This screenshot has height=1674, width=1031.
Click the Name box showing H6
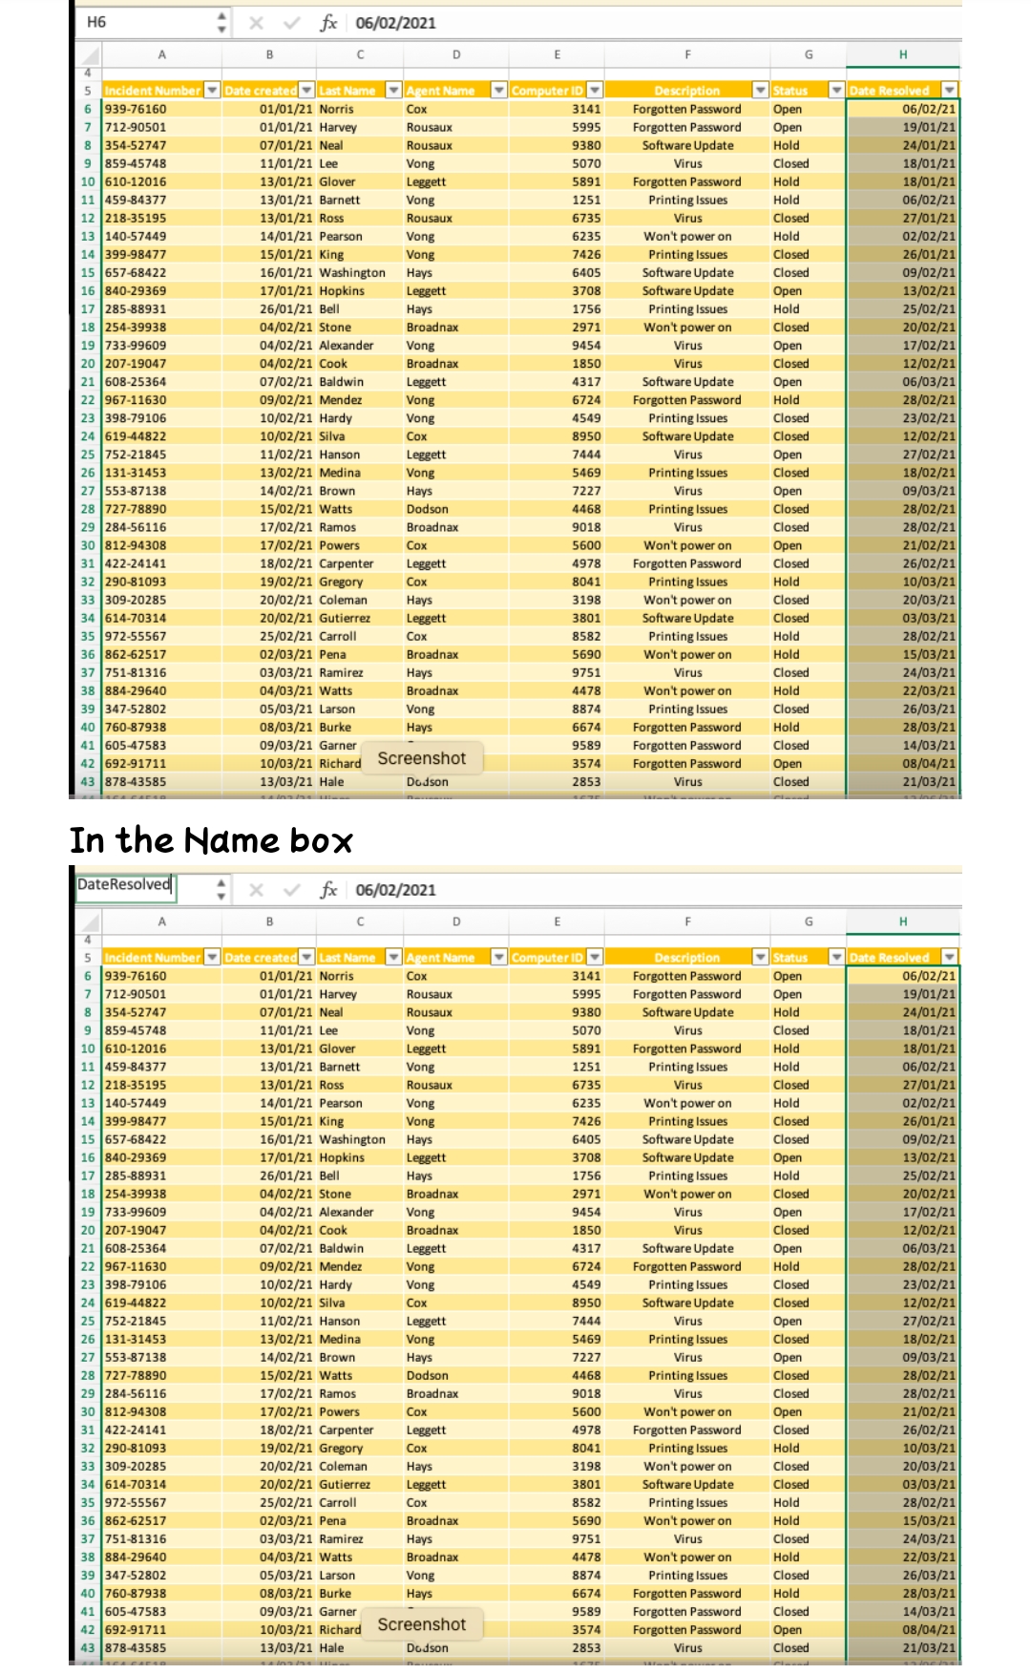[143, 22]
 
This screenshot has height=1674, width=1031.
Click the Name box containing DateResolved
[124, 885]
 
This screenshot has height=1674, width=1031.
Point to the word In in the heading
[87, 840]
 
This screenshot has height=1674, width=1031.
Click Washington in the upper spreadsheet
[352, 273]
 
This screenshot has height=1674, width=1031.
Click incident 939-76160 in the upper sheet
[136, 110]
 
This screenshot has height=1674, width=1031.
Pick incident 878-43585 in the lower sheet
[136, 1648]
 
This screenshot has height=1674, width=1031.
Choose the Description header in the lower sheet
[686, 958]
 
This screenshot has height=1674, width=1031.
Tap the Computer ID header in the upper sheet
[547, 91]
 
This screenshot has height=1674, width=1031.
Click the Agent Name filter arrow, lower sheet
[498, 957]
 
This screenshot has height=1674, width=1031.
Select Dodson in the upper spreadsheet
[427, 510]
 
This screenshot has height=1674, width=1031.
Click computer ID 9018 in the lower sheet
[586, 1394]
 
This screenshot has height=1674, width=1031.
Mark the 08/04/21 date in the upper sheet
[928, 764]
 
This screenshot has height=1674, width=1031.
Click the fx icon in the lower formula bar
[328, 890]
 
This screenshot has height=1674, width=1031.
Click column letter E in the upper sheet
[557, 55]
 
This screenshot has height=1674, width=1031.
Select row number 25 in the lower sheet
[88, 1322]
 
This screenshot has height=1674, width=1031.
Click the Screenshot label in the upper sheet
[422, 758]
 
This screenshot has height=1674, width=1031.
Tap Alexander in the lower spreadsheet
[346, 1213]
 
